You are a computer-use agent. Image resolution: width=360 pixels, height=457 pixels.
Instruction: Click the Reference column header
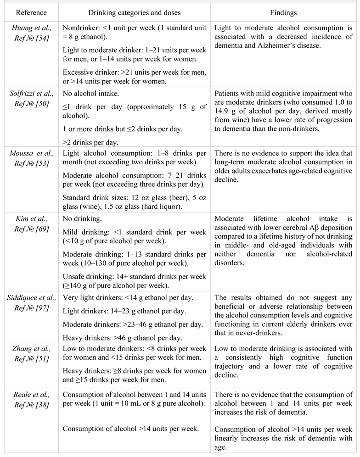[29, 11]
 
